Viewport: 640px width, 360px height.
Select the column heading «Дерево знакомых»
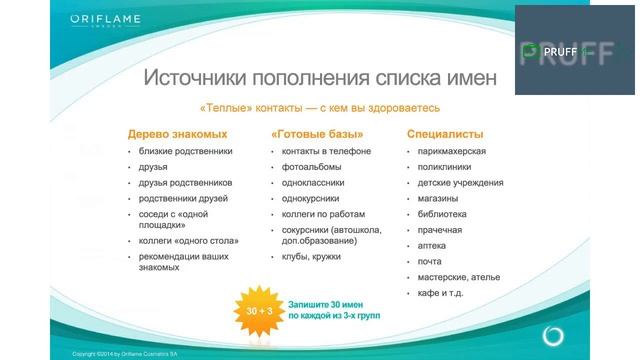(177, 134)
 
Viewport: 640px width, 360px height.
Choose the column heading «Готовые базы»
(316, 134)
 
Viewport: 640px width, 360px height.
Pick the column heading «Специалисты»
(445, 134)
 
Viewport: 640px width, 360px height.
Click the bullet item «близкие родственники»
(186, 151)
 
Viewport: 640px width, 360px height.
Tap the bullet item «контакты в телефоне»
(326, 151)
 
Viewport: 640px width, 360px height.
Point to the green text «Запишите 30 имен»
(332, 303)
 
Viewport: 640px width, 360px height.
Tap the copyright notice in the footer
(125, 354)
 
